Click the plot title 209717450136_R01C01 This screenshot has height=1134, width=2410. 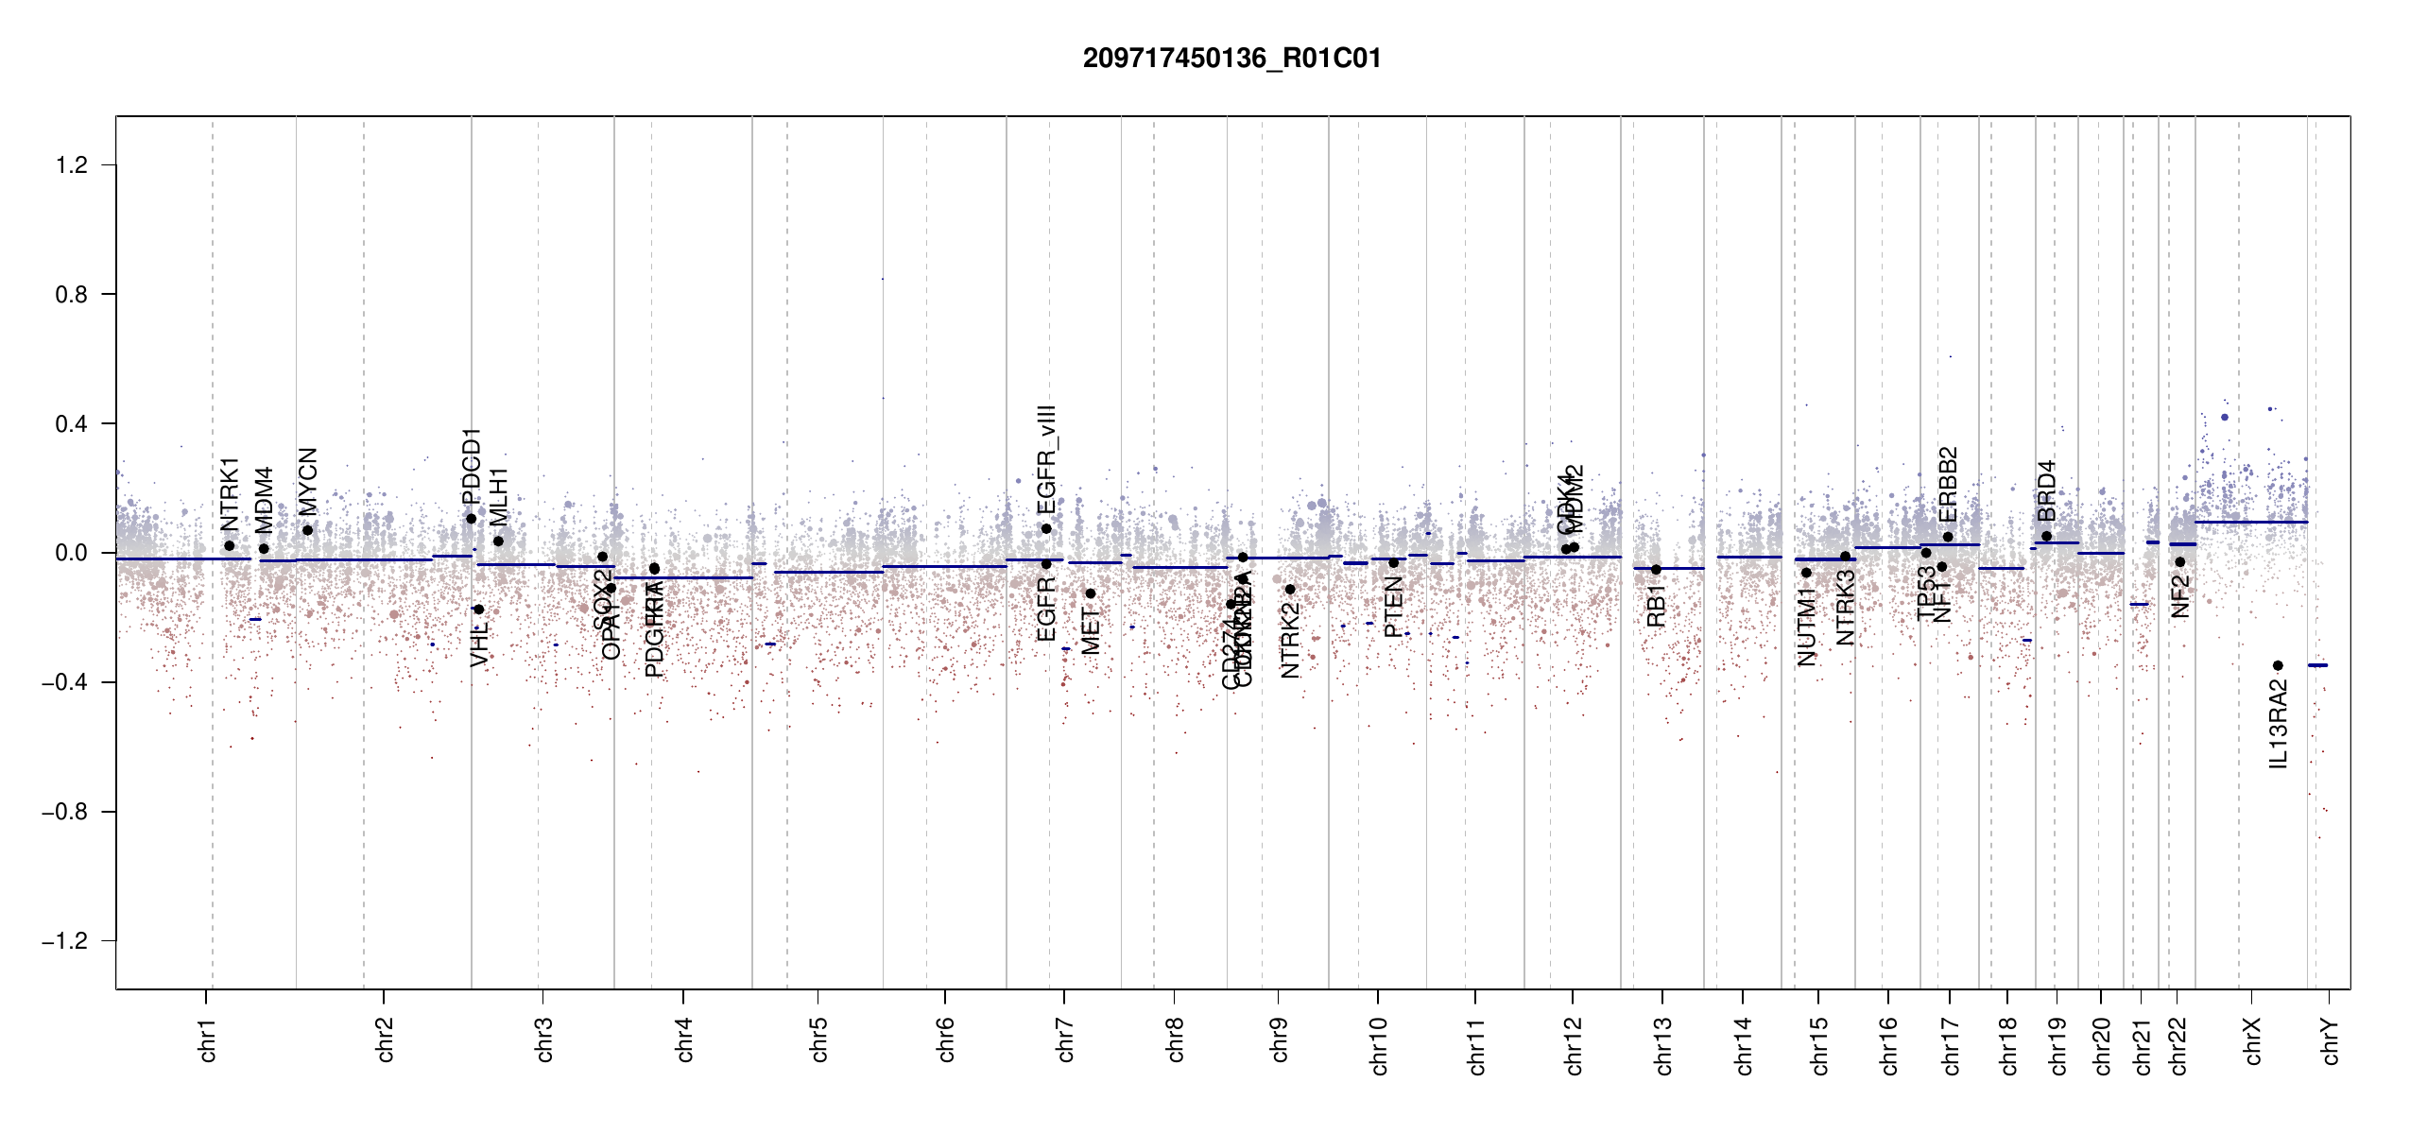pyautogui.click(x=1231, y=59)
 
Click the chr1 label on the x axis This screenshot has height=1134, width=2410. pyautogui.click(x=208, y=1039)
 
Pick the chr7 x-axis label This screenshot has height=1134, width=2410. pyautogui.click(x=1065, y=1039)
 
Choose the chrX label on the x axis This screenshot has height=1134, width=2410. pyautogui.click(x=2252, y=1040)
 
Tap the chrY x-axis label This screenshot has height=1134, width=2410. pyautogui.click(x=2331, y=1040)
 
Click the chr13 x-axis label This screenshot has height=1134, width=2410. pyautogui.click(x=1663, y=1045)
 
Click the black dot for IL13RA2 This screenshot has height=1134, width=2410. pyautogui.click(x=2278, y=666)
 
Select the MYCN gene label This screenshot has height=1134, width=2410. pyautogui.click(x=308, y=481)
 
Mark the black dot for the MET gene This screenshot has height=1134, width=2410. pyautogui.click(x=1090, y=593)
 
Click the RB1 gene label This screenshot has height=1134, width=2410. pyautogui.click(x=1656, y=606)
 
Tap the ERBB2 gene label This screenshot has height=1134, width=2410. pyautogui.click(x=1948, y=484)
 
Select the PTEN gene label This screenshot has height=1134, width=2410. pyautogui.click(x=1393, y=607)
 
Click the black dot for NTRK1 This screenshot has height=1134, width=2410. pyautogui.click(x=229, y=546)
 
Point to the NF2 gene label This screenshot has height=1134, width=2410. pyautogui.click(x=2180, y=596)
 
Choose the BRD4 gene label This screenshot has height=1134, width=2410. pyautogui.click(x=2047, y=490)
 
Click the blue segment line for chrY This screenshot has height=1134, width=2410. pyautogui.click(x=2317, y=665)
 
